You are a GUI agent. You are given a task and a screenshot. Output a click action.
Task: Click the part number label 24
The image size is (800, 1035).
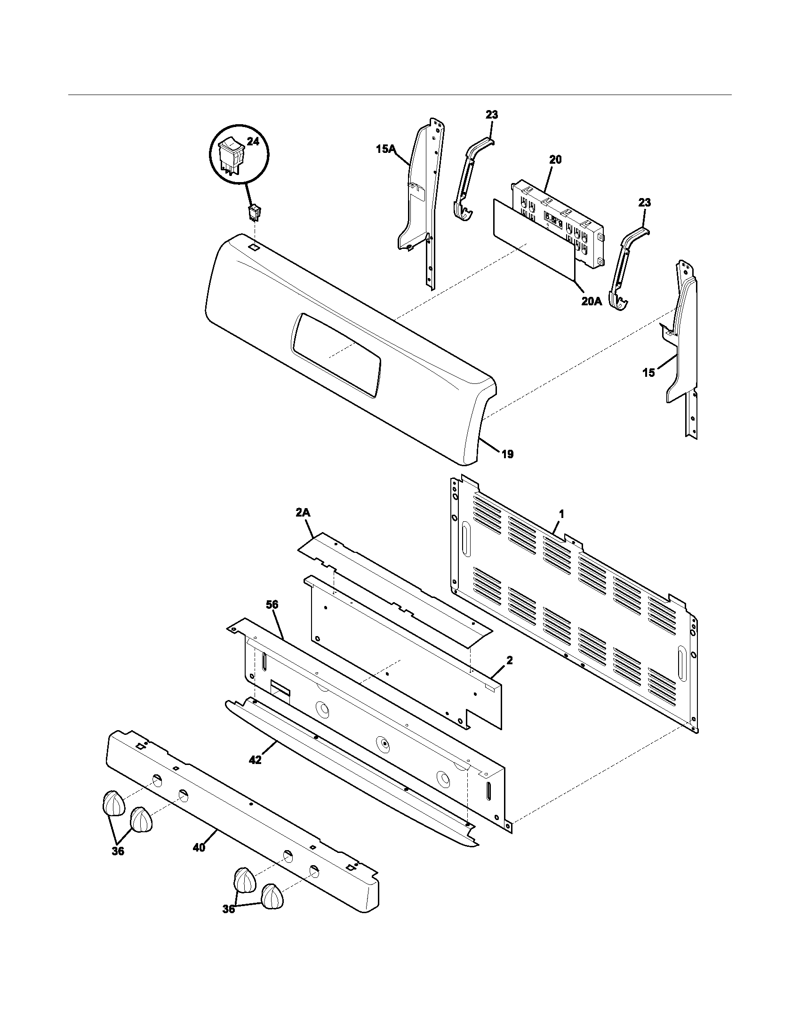[x=253, y=141]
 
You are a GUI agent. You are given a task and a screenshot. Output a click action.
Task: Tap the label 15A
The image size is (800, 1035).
[x=385, y=149]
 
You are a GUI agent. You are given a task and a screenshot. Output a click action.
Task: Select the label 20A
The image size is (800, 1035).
[x=592, y=301]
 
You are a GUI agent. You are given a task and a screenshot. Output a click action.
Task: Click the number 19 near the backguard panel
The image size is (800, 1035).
[x=507, y=454]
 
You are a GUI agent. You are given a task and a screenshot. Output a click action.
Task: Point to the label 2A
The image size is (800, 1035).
[x=304, y=513]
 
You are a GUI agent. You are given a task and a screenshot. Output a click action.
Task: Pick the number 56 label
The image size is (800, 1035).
[x=272, y=605]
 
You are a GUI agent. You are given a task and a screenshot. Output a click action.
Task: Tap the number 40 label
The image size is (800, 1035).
[x=199, y=848]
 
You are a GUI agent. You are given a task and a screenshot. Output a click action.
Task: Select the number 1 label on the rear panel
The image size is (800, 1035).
[x=561, y=513]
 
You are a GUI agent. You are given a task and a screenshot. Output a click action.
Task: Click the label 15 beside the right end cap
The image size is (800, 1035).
[x=649, y=373]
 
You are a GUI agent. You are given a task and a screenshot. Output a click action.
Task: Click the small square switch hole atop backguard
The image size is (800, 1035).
[x=254, y=247]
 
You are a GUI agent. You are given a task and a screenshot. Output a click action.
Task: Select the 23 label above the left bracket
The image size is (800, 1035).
[x=491, y=115]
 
